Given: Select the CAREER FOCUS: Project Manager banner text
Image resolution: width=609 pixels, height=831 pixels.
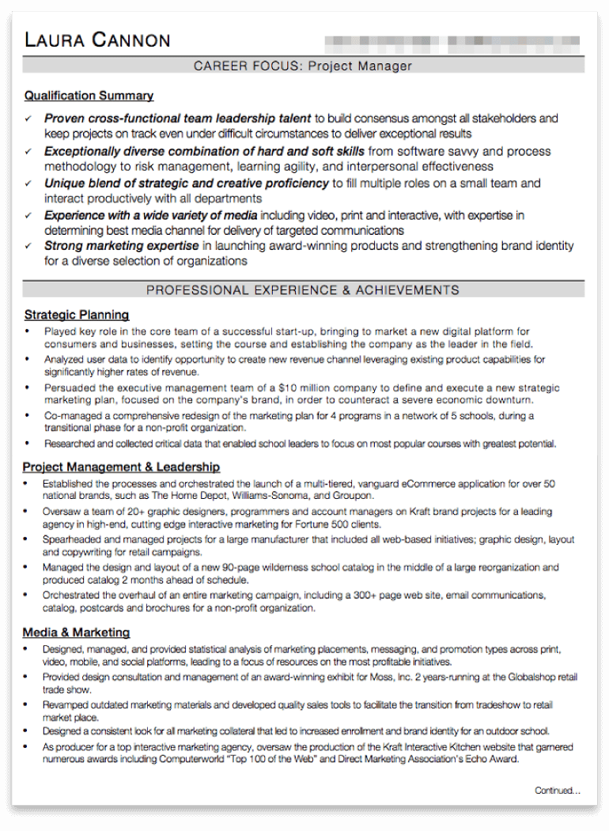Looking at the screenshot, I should (x=303, y=66).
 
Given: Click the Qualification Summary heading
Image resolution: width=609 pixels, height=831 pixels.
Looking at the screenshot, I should (x=89, y=96).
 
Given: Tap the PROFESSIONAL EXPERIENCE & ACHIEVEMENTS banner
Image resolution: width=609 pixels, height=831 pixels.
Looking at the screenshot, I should (x=303, y=290).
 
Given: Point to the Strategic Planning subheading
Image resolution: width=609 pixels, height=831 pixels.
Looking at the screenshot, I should (x=76, y=315).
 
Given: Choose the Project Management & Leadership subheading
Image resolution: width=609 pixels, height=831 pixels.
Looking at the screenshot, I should (x=121, y=467).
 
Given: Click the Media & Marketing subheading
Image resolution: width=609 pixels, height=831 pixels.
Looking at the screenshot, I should (x=76, y=633).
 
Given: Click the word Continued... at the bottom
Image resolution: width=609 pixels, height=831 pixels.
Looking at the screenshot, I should (x=557, y=790).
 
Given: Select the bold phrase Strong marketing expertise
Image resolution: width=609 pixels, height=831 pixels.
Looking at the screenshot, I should (x=121, y=247).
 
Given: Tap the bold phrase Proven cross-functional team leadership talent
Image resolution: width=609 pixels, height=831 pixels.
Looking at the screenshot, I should (x=177, y=119).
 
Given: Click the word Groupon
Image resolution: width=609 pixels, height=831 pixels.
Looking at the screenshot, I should (x=354, y=496).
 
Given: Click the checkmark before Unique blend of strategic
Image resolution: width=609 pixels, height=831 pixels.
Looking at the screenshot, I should (x=28, y=183).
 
